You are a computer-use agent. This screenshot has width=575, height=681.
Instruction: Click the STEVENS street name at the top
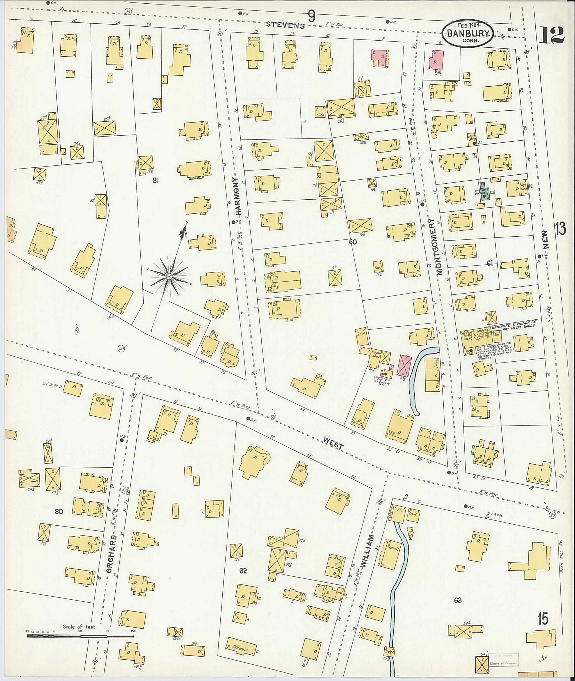point(286,25)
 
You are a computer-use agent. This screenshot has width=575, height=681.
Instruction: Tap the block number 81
point(156,180)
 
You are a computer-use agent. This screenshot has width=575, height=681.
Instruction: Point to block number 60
point(353,242)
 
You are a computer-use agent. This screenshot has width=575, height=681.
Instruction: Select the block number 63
point(458,600)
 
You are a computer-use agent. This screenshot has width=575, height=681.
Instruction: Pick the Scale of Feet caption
point(79,627)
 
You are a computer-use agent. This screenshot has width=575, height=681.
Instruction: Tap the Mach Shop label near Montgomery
point(472,137)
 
